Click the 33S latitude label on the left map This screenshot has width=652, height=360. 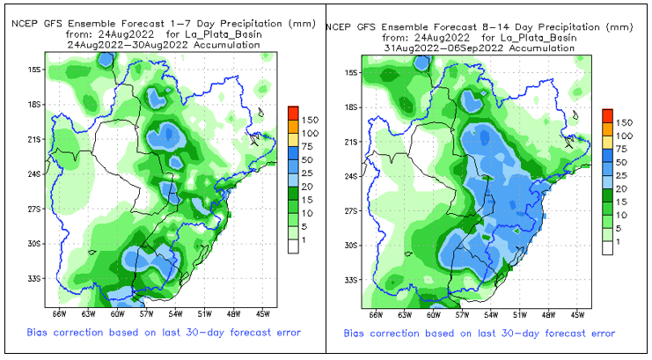(x=35, y=278)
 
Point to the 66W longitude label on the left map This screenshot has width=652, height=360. (x=60, y=313)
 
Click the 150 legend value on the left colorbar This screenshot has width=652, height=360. (x=310, y=119)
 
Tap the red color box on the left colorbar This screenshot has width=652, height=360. (x=293, y=113)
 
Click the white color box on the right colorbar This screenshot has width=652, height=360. (x=607, y=247)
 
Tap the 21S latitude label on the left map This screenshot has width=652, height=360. (x=35, y=139)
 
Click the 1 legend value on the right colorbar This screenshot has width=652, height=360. (x=619, y=241)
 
